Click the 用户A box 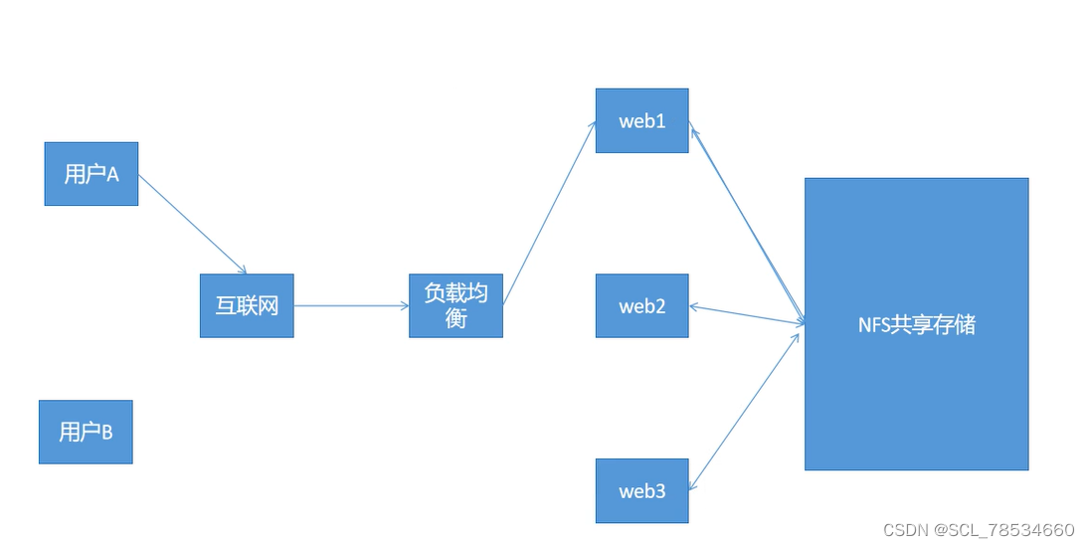tap(91, 174)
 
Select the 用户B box tap(86, 432)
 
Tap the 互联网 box tap(247, 305)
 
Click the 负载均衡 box tap(455, 305)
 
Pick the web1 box tap(641, 121)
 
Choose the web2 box tap(641, 305)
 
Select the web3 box tap(641, 490)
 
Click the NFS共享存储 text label tap(916, 324)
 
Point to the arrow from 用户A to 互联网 tap(192, 225)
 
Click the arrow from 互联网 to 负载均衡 tap(351, 305)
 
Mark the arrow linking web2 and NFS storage tap(746, 314)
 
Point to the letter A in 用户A tap(112, 175)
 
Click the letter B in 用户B tap(106, 433)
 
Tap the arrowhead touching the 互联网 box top tap(242, 270)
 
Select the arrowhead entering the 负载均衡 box tap(404, 305)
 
